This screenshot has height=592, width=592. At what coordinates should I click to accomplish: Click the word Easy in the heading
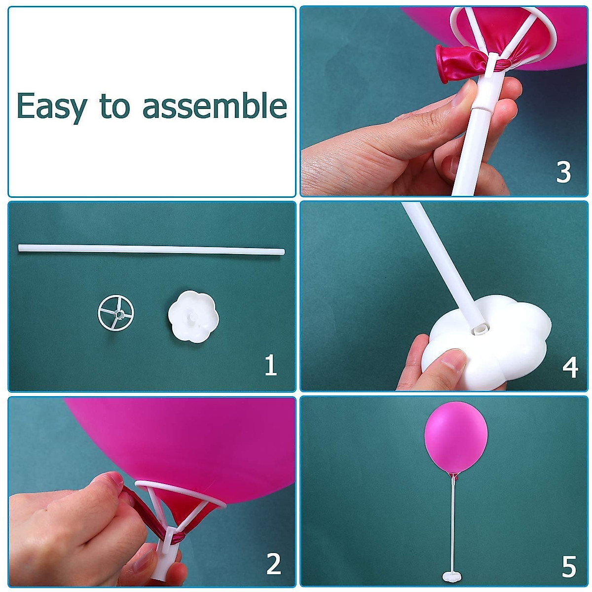51,107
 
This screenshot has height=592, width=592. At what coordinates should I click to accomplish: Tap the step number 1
270,366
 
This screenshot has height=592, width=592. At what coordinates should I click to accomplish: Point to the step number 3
563,172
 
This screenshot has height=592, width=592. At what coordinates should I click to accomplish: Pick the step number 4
570,367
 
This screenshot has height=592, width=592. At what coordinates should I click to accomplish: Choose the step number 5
569,567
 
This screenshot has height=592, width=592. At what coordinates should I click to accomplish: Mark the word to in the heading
115,106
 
